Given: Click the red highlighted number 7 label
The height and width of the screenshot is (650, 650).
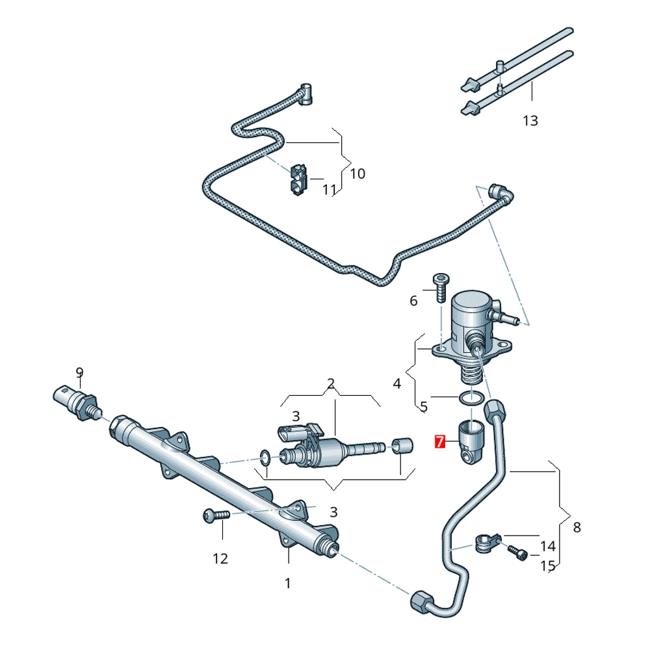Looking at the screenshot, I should point(440,443).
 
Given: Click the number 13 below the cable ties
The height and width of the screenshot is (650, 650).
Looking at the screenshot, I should point(530,120).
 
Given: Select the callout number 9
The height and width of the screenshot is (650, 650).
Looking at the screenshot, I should point(79,372).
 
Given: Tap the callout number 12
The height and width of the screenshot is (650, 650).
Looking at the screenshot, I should point(220,558).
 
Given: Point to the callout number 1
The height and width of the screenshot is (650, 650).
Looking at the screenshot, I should point(288,583).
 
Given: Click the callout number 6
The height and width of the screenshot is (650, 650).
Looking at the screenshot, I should point(413,300).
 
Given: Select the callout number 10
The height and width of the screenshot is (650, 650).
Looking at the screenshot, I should point(357,174).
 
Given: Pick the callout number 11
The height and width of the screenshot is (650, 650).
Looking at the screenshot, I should point(330,190).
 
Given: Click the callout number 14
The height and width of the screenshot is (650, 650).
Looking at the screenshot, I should point(548,545).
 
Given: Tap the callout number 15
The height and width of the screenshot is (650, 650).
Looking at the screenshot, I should point(548,565).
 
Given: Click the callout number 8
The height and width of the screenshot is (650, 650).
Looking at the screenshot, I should point(577,527).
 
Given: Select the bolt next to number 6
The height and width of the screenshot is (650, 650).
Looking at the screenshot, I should point(440,287).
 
